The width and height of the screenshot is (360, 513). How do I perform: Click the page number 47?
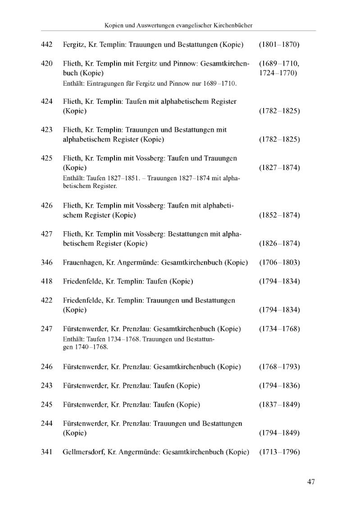pyautogui.click(x=311, y=481)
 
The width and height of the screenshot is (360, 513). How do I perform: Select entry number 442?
pyautogui.click(x=47, y=45)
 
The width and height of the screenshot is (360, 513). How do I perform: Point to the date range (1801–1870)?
pyautogui.click(x=279, y=45)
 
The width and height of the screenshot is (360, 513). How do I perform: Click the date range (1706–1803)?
pyautogui.click(x=279, y=262)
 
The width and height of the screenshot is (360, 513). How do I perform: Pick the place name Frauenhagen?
pyautogui.click(x=82, y=262)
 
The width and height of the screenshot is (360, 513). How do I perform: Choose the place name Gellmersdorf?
pyautogui.click(x=83, y=452)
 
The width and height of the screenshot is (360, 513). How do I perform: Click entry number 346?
pyautogui.click(x=47, y=262)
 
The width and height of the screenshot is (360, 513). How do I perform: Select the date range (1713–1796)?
pyautogui.click(x=279, y=452)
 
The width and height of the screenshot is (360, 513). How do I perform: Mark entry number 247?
pyautogui.click(x=47, y=329)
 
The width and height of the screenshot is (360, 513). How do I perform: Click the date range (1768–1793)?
pyautogui.click(x=279, y=366)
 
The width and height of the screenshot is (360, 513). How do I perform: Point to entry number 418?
pyautogui.click(x=47, y=281)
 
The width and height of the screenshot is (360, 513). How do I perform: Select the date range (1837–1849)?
pyautogui.click(x=279, y=404)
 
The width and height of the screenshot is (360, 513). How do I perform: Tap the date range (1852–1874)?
pyautogui.click(x=279, y=215)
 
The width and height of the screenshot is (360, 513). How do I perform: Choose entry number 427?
pyautogui.click(x=47, y=234)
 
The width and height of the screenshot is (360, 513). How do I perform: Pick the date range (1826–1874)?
pyautogui.click(x=279, y=243)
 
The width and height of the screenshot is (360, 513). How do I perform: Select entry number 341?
pyautogui.click(x=47, y=452)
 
